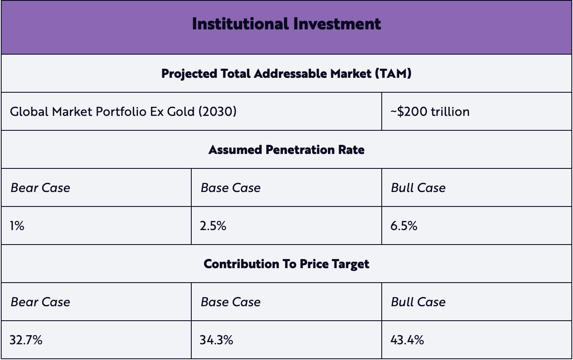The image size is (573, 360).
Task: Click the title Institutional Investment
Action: coord(286,24)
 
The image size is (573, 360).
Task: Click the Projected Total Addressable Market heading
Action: coord(286,74)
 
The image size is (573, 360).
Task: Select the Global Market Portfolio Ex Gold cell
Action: coord(123,112)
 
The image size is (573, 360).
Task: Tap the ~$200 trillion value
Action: coord(430,112)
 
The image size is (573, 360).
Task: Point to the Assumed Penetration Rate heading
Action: coord(286,150)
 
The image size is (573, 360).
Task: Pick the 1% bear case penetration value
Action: coord(17,226)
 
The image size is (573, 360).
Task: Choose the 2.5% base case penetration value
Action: coord(213,226)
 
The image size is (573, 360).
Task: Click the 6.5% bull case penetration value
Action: coord(404,226)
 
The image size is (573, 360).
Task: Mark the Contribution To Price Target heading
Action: coord(286,264)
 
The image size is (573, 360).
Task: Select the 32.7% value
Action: coord(26,340)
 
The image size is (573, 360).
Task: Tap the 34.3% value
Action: coord(216,340)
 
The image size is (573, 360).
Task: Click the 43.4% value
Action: coord(407,340)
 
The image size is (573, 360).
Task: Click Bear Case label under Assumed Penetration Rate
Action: coord(40,188)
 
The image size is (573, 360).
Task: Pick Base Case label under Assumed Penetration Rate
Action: coord(231,188)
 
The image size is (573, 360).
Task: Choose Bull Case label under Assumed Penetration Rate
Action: coord(418,188)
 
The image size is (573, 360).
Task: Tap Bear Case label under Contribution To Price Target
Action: coord(40,302)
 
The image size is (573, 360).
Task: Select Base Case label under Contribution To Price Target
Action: coord(231,302)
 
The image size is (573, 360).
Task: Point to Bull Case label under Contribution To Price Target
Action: coord(418,302)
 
